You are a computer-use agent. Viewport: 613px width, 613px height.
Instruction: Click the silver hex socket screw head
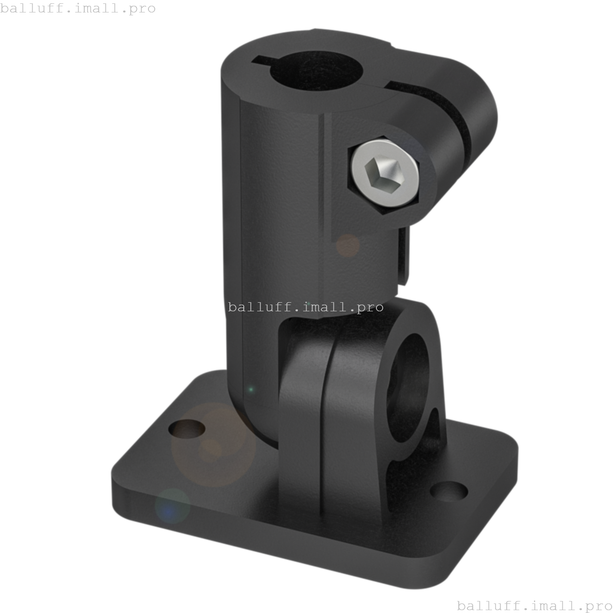point(386,173)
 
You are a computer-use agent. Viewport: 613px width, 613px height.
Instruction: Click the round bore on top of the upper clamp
point(316,72)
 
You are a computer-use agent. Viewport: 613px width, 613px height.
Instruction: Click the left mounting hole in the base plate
point(187,429)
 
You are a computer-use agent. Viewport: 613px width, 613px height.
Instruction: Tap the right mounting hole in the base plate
point(449,491)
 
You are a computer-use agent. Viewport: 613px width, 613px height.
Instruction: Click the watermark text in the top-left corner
point(78,9)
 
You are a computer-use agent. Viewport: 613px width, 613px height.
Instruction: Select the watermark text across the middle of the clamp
point(306,306)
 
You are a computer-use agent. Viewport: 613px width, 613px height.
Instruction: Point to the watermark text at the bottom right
point(534,605)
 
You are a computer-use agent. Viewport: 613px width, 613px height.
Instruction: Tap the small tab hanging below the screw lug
point(403,259)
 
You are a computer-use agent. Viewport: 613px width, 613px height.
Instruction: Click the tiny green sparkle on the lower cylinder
point(250,390)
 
